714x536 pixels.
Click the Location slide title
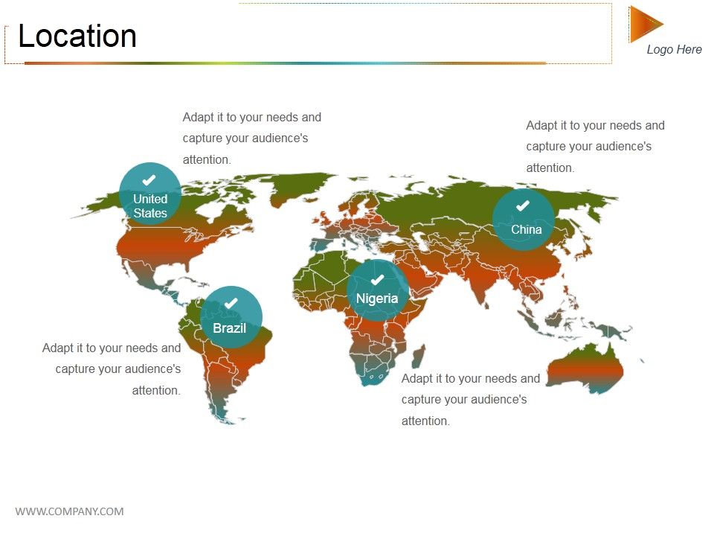click(x=77, y=36)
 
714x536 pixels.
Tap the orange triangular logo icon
click(x=643, y=24)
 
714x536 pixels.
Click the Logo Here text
click(x=674, y=49)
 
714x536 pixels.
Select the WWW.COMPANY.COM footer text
click(x=69, y=511)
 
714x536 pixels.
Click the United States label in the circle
click(x=150, y=205)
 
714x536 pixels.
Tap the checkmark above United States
click(x=149, y=180)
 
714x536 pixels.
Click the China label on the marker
click(x=526, y=229)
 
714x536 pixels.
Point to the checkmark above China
click(x=523, y=205)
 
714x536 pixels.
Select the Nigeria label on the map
click(x=377, y=299)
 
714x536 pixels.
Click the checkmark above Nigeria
click(x=377, y=279)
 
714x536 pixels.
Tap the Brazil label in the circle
click(x=229, y=328)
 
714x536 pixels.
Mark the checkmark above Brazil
click(x=231, y=303)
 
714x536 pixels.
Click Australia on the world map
click(x=585, y=368)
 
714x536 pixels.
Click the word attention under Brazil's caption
click(x=156, y=390)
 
